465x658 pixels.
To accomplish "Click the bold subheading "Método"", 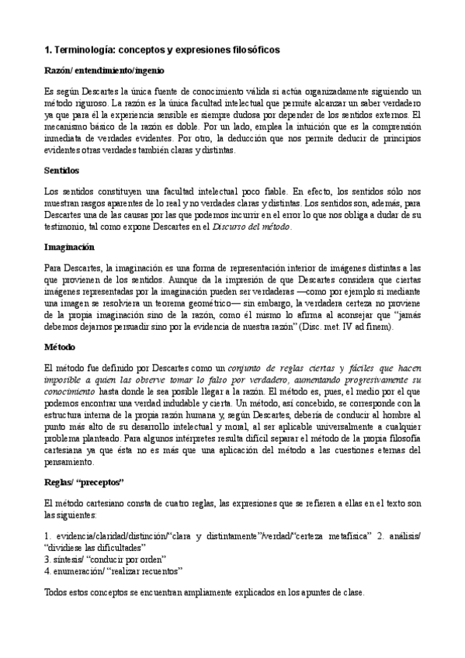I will pos(61,346).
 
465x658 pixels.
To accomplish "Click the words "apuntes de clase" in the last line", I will pos(331,593).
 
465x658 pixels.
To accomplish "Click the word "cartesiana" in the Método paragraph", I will pos(67,451).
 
